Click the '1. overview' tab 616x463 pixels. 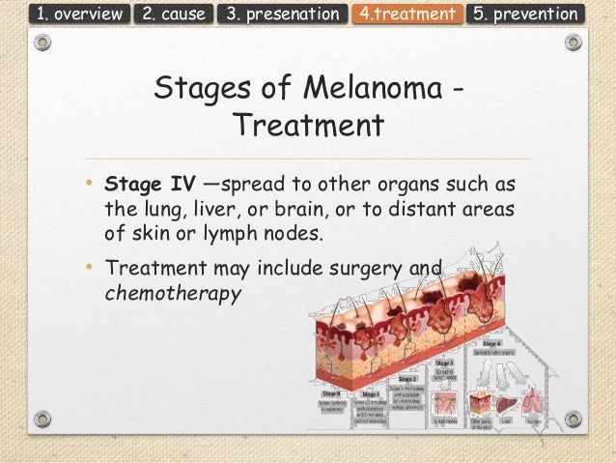(x=66, y=14)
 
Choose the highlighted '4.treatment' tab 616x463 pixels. (x=406, y=14)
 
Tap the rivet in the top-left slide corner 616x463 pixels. (x=40, y=44)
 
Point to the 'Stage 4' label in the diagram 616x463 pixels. (x=491, y=344)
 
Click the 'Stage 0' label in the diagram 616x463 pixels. (x=329, y=394)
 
